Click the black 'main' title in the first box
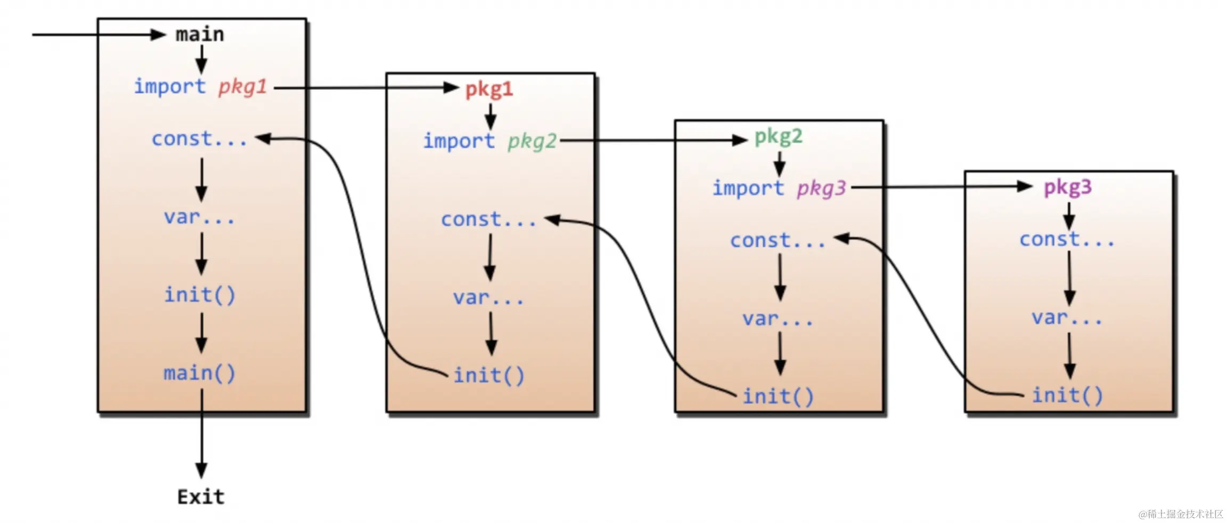200,35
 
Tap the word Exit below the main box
201,497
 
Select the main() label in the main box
199,373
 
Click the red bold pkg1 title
489,89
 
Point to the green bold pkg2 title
778,137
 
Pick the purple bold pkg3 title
1067,187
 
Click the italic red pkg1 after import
242,86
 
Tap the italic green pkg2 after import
531,141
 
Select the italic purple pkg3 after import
821,189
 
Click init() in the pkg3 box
1067,395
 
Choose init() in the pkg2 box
778,396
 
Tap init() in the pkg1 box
489,375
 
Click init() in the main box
199,295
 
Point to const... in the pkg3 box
1067,240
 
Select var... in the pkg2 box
778,318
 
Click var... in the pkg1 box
488,298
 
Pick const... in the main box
199,139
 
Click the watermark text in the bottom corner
1181,514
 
